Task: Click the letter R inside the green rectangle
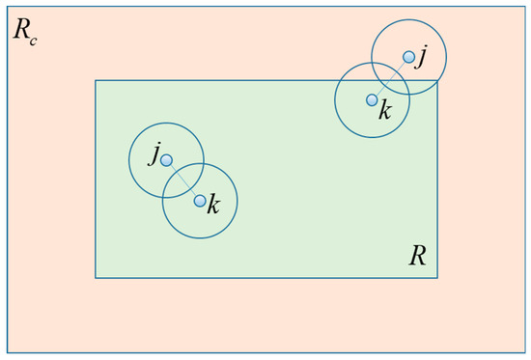(417, 255)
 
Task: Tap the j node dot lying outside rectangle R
(409, 58)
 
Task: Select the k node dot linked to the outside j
(372, 99)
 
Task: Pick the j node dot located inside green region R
(166, 159)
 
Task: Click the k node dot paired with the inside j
(200, 201)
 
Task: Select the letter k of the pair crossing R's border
(385, 110)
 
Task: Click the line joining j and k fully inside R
(183, 180)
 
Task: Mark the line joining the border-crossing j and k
(391, 78)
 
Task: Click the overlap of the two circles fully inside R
(183, 180)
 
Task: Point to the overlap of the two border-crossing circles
(391, 78)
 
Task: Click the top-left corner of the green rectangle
(96, 80)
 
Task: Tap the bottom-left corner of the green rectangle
(96, 278)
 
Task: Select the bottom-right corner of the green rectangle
(437, 278)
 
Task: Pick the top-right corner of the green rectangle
(437, 80)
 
